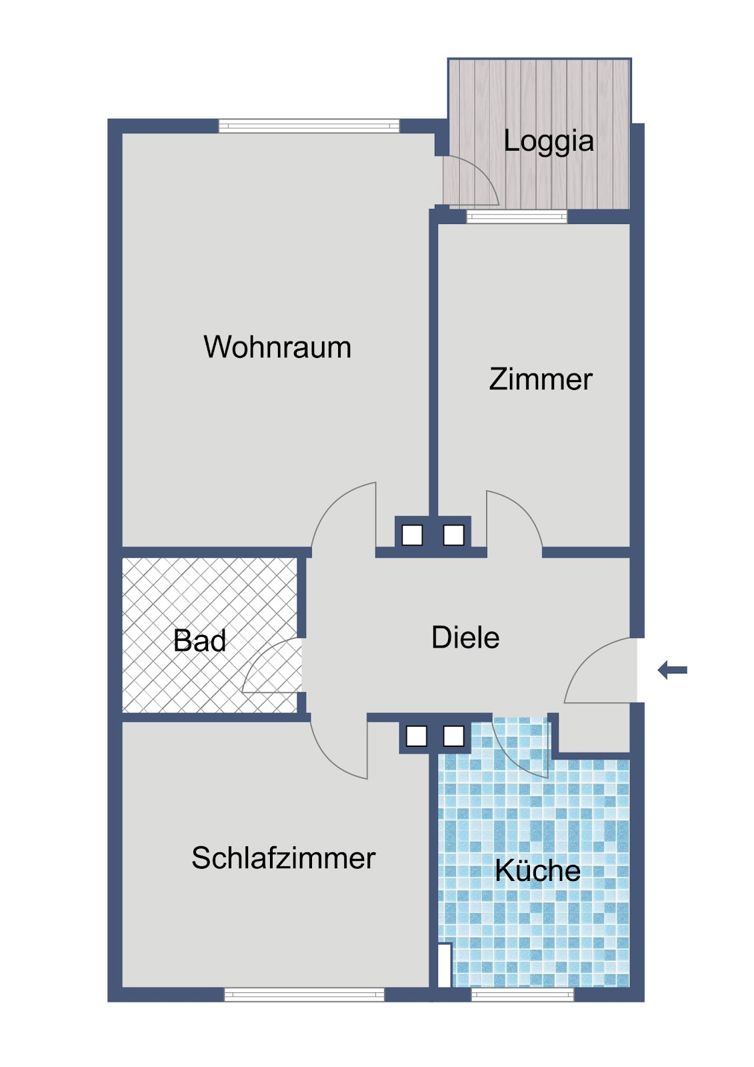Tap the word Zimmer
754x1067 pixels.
click(541, 379)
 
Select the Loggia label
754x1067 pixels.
click(549, 141)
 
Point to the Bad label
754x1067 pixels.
click(199, 641)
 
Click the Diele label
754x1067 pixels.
click(465, 638)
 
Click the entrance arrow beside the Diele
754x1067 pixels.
click(672, 671)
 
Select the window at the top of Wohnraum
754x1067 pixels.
click(309, 126)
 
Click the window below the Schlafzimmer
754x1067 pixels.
click(305, 995)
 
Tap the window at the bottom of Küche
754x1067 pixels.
click(523, 995)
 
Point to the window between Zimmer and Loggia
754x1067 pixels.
click(517, 217)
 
